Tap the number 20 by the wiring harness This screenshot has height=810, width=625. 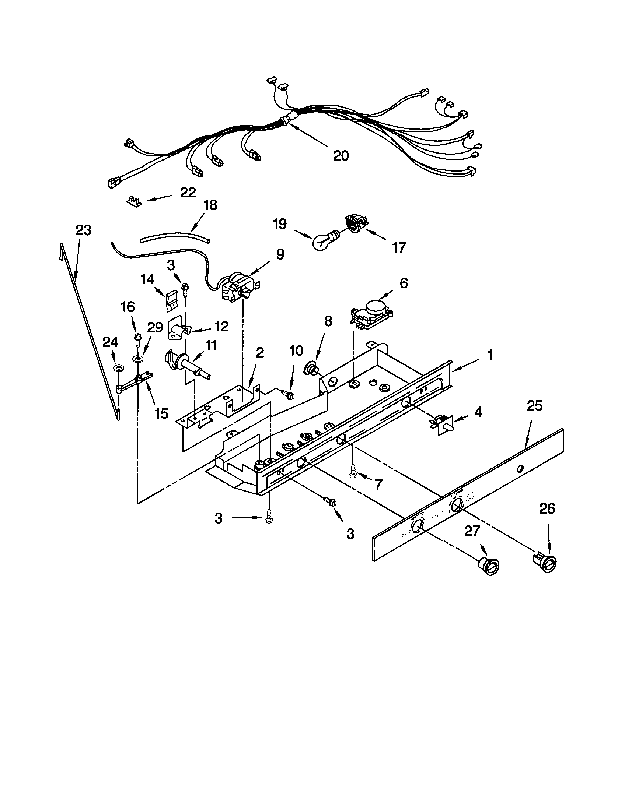(341, 156)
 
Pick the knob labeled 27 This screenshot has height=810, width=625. (487, 566)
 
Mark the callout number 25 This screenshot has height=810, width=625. (534, 406)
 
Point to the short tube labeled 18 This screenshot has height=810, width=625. (174, 238)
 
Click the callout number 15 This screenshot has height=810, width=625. (161, 413)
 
